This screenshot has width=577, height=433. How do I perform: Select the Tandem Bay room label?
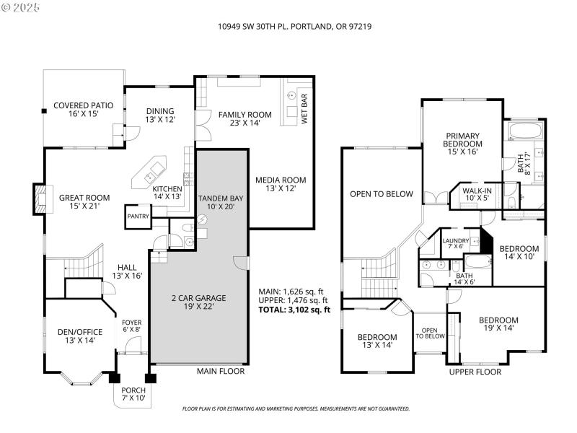[x=221, y=203]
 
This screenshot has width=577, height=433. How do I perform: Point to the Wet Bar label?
[x=304, y=109]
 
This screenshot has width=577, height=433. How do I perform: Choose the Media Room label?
[x=281, y=184]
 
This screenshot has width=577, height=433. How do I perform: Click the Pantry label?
[x=138, y=216]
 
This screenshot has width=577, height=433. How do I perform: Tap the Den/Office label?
[x=79, y=336]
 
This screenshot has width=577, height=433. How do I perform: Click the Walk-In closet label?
[x=477, y=194]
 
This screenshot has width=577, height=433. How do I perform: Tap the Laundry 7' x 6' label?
[x=456, y=245]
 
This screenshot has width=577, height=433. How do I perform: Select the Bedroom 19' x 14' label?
[x=498, y=325]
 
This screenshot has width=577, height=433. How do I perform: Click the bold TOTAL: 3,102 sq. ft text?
[x=294, y=310]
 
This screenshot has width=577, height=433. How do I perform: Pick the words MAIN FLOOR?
[x=221, y=371]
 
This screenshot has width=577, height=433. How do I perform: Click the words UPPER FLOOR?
[x=475, y=372]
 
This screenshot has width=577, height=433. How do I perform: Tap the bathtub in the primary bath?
[x=524, y=131]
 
